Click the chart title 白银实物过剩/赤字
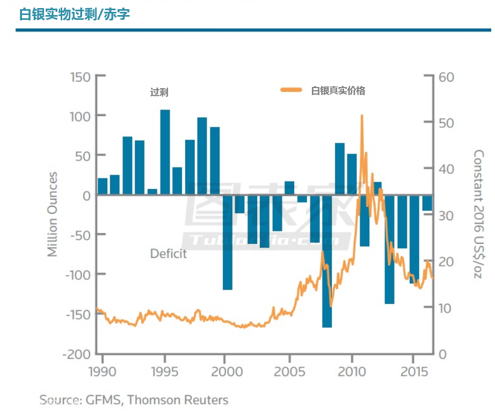tap(75, 14)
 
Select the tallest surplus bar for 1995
tap(165, 152)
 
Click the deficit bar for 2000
tap(228, 242)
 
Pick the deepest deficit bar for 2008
tap(327, 261)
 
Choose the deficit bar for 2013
tap(389, 249)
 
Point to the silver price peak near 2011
tap(362, 116)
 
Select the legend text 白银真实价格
tap(338, 91)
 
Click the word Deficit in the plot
tap(169, 254)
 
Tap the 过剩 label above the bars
tap(159, 92)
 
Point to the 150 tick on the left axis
tap(79, 77)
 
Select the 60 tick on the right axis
tap(447, 77)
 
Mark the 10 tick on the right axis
tap(446, 308)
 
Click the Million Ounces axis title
tap(52, 214)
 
